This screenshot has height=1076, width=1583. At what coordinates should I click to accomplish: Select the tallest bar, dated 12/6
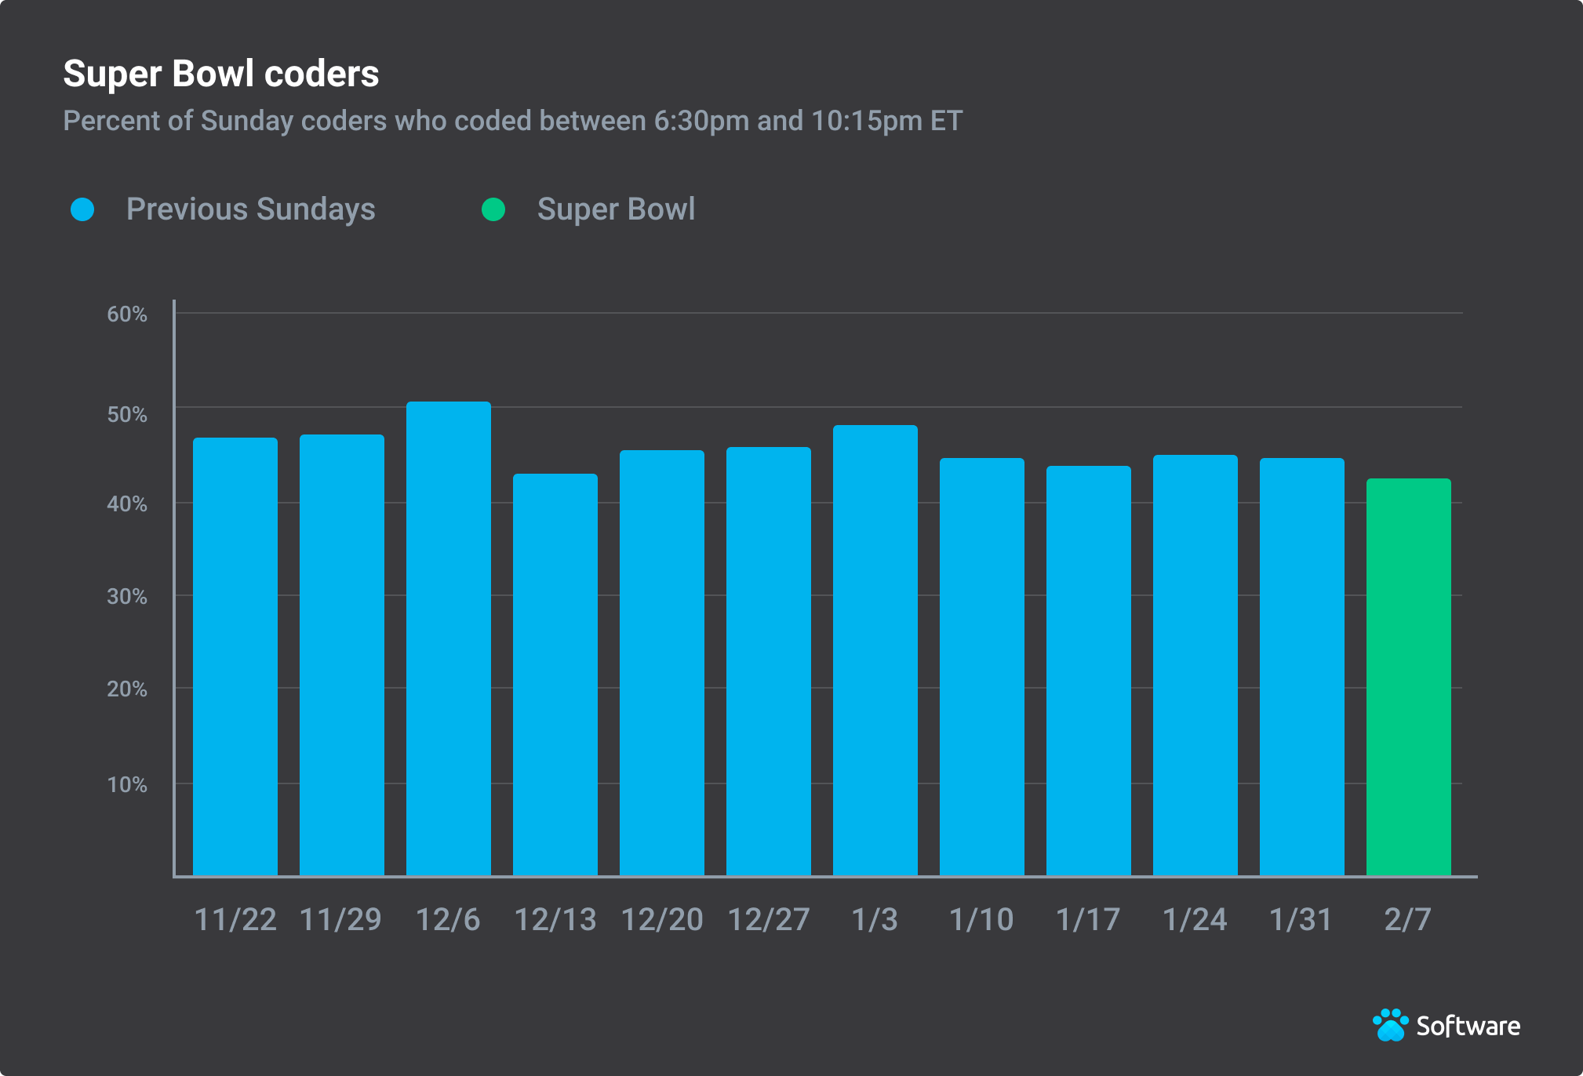tap(448, 638)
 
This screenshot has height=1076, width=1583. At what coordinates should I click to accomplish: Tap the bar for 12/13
tap(555, 674)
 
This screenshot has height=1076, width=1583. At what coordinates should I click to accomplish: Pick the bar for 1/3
tap(875, 650)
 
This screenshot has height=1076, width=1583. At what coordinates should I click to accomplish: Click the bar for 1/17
tap(1088, 671)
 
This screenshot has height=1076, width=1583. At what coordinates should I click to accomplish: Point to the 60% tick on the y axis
tap(127, 314)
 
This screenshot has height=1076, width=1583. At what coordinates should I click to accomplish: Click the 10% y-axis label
tap(127, 784)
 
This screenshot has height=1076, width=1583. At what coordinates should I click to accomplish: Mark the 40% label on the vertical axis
tap(127, 503)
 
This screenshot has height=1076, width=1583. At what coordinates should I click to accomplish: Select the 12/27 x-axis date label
tap(768, 919)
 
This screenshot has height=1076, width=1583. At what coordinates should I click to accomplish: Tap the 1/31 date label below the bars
tap(1301, 919)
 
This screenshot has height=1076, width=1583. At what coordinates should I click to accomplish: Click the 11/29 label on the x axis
tap(340, 919)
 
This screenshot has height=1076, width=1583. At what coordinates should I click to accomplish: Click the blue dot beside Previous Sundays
tap(82, 209)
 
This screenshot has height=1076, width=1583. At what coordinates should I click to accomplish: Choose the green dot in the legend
tap(493, 209)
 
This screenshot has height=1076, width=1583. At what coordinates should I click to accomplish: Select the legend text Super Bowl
tap(616, 209)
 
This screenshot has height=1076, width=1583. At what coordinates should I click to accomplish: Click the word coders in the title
tap(322, 75)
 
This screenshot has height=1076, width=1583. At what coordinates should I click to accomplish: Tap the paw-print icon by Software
tap(1390, 1025)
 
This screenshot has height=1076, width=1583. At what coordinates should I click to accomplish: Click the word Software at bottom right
tap(1468, 1026)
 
